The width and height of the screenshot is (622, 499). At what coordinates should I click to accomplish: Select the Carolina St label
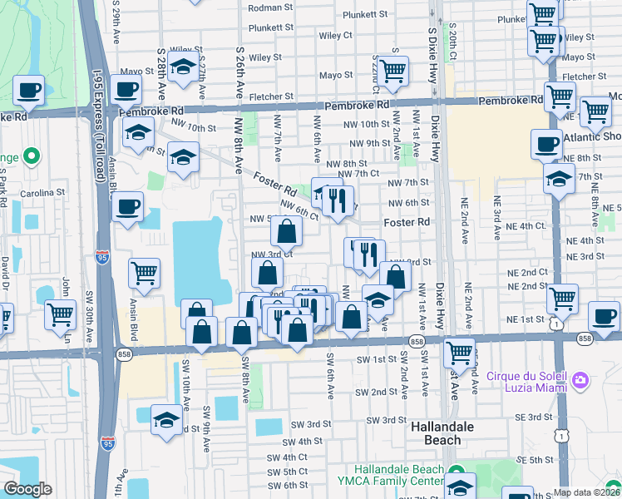(x=44, y=192)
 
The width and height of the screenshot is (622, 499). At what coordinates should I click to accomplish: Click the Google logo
(x=27, y=489)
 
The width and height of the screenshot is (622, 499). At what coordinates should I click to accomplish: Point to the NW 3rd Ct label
(x=268, y=255)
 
